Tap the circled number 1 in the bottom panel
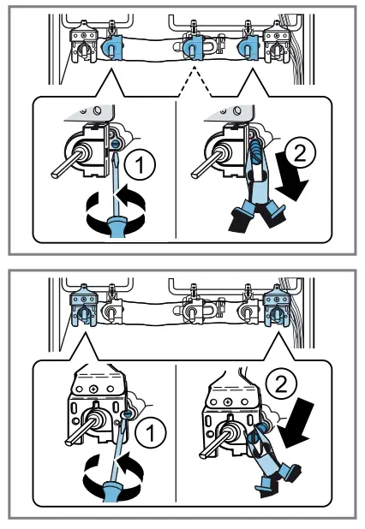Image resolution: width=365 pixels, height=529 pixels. (150, 432)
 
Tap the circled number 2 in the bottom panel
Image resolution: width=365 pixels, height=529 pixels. (282, 385)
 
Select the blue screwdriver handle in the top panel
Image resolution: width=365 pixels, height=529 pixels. (117, 227)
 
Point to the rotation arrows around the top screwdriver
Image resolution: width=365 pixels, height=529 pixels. (116, 211)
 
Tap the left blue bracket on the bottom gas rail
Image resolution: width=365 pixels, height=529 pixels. (83, 306)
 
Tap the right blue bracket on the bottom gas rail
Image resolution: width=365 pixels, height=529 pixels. (277, 306)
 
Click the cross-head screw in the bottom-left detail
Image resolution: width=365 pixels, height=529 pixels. (93, 389)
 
